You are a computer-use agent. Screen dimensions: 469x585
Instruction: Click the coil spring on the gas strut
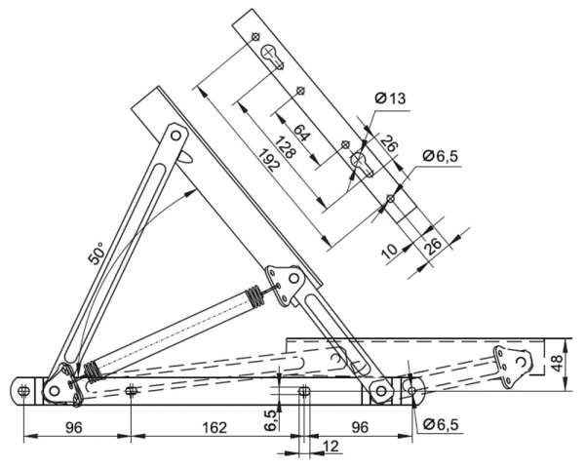pos(252,293)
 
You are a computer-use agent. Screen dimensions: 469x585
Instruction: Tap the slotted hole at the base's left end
pos(21,389)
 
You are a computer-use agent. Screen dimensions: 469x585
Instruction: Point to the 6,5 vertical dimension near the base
pos(270,419)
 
